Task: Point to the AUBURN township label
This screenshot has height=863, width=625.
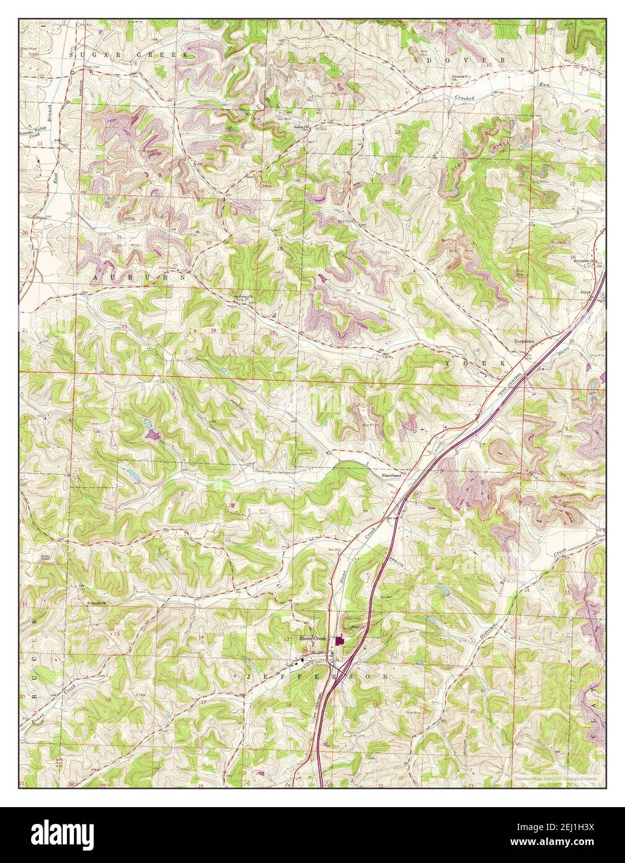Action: (x=139, y=279)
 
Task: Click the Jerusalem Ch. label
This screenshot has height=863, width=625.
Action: (x=583, y=261)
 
